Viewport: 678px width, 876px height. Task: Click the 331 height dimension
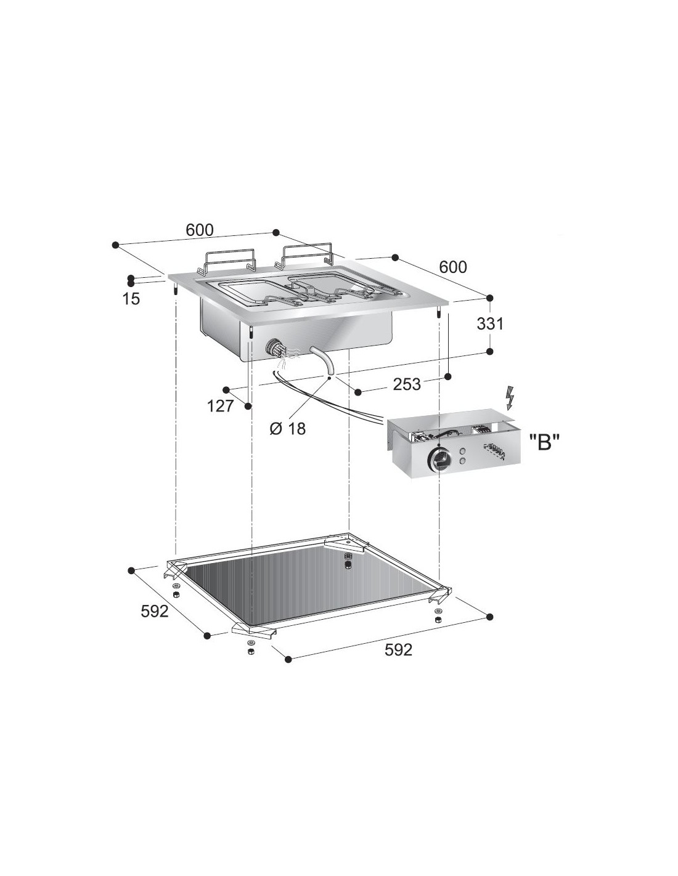point(490,323)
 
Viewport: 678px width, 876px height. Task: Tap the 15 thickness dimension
point(132,299)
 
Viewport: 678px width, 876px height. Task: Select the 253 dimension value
point(407,384)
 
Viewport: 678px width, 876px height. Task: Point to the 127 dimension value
point(221,406)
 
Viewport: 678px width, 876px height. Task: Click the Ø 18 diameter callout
point(288,429)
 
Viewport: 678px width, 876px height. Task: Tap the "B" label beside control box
point(544,444)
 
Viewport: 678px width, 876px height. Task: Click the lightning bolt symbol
point(510,398)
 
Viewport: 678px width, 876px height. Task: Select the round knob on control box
point(438,459)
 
